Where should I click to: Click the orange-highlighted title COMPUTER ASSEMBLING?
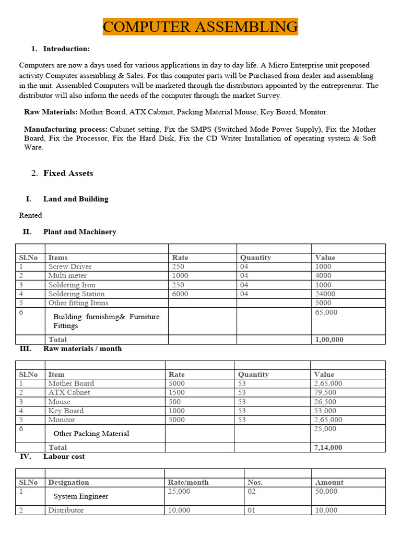pos(200,26)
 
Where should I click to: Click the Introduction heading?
pos(66,49)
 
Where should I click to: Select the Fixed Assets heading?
pos(68,173)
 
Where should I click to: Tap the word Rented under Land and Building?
pos(30,215)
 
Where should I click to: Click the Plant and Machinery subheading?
pos(79,231)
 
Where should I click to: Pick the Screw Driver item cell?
pos(70,266)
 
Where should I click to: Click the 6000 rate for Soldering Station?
pos(180,294)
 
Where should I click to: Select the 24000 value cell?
pos(325,294)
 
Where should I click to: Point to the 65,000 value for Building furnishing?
pos(326,312)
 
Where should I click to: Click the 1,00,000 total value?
pos(329,340)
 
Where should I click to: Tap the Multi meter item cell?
pos(67,275)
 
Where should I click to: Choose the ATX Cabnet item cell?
pos(69,392)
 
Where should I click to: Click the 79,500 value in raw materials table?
pos(325,392)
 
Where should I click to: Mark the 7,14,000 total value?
pos(328,447)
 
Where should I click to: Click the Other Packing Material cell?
pos(91,434)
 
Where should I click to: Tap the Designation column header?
pos(68,482)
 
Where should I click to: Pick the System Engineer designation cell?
pos(81,496)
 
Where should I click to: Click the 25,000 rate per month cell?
pos(180,491)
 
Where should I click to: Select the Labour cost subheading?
pos(64,456)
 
